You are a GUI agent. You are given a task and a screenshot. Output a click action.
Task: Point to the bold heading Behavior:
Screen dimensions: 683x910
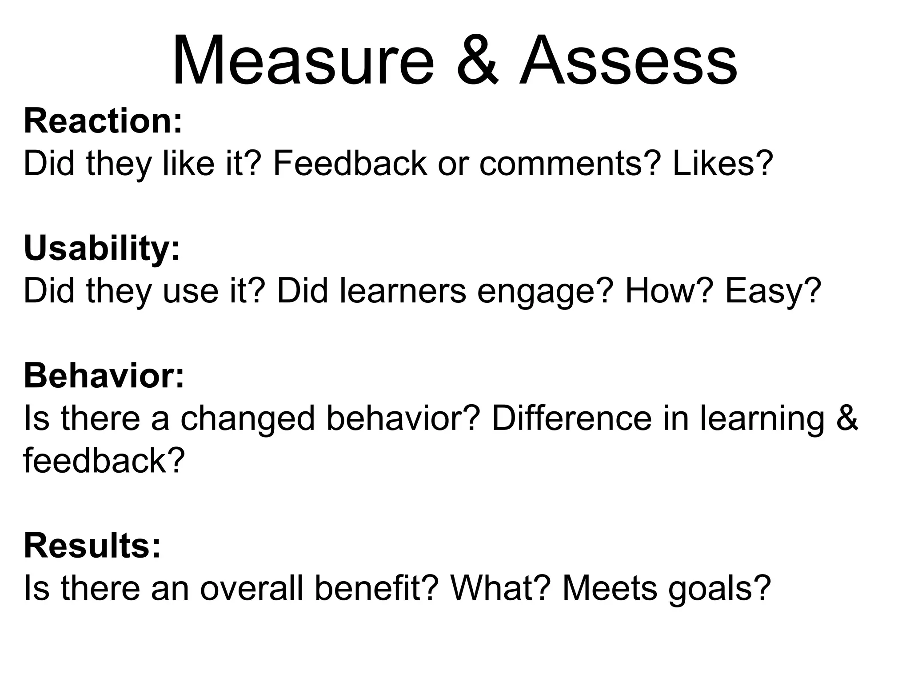click(x=104, y=376)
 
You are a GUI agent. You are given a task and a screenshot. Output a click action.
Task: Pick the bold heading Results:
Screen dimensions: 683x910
click(x=92, y=546)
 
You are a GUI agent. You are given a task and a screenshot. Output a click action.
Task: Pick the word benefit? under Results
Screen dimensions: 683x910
click(x=377, y=588)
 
